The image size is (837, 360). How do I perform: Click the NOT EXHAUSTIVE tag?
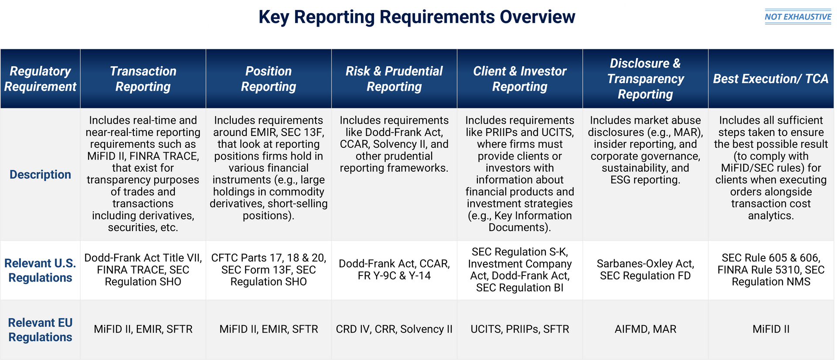pos(798,17)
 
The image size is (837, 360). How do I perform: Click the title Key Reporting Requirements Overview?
pos(417,17)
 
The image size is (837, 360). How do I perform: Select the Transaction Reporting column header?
pos(143,79)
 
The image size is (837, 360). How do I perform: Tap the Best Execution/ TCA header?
pos(770,79)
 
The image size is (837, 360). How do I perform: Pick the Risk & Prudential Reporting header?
pos(394,79)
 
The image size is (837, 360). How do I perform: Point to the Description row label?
pos(40,174)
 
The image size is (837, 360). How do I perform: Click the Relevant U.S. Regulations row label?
pos(40,270)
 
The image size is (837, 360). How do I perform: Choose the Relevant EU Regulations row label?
pos(40,329)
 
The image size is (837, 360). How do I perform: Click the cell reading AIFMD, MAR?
pos(645,329)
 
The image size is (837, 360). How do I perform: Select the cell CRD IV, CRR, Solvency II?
pos(394,329)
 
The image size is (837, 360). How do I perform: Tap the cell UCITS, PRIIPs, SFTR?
pos(520,329)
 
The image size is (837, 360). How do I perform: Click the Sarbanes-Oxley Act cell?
pos(645,270)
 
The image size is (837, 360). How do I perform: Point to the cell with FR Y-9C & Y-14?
pos(394,270)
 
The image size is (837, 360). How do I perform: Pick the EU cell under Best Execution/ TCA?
pos(770,329)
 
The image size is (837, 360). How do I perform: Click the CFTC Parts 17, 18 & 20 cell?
pos(269,270)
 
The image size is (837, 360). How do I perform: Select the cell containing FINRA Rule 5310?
pos(770,270)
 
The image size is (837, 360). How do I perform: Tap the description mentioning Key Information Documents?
pos(520,173)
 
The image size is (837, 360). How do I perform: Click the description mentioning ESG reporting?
pos(645,150)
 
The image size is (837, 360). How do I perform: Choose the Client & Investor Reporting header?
pos(520,79)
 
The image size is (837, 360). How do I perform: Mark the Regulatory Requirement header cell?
pos(40,79)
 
